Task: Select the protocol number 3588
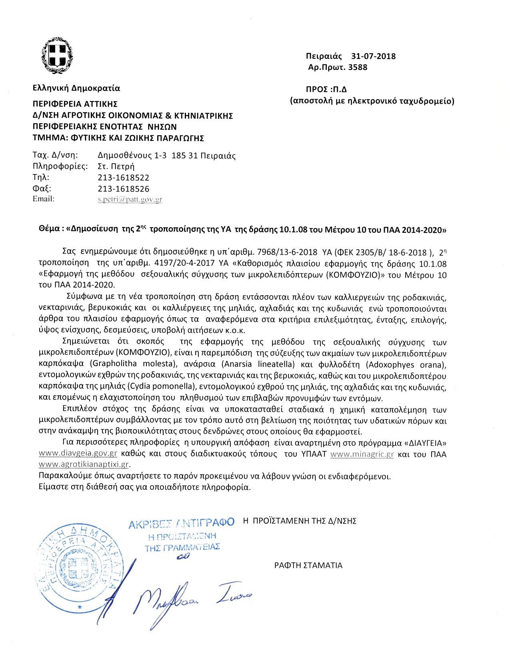coord(358,67)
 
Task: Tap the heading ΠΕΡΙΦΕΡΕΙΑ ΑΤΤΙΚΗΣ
coord(75,104)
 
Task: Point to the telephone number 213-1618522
coord(124,177)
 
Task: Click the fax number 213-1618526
coord(124,188)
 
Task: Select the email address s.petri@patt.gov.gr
coord(130,199)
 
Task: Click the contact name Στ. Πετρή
coord(116,166)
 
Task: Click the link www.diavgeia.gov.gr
coord(78,454)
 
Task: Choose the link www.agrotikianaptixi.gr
coord(84,465)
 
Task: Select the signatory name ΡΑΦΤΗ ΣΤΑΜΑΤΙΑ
coord(308,565)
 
